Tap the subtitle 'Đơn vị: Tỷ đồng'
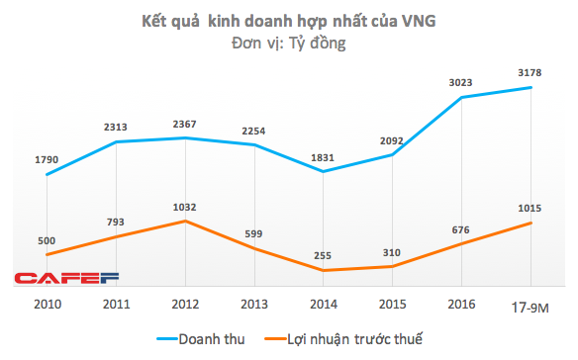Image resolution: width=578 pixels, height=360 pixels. pyautogui.click(x=289, y=43)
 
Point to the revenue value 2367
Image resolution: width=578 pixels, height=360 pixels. pyautogui.click(x=185, y=123)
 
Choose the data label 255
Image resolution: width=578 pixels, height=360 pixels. pyautogui.click(x=323, y=255)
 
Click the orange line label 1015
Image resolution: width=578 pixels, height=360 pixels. pyautogui.click(x=531, y=208)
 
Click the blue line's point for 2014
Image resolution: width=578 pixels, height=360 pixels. pyautogui.click(x=324, y=171)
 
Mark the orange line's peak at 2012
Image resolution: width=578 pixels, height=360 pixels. pyautogui.click(x=185, y=221)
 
